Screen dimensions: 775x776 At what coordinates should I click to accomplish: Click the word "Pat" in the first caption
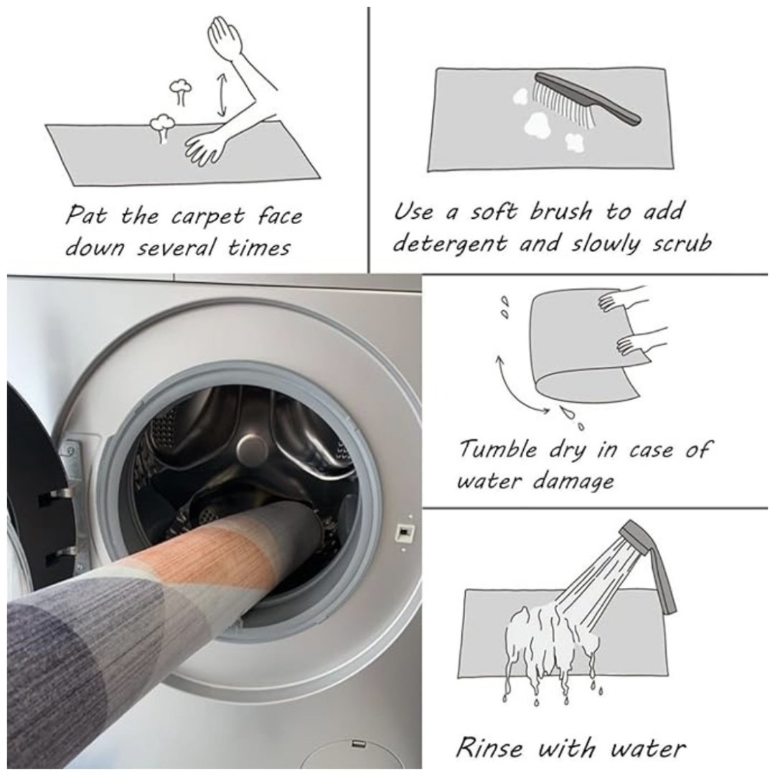(85, 216)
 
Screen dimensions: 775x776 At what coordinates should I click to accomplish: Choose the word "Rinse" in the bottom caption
(489, 747)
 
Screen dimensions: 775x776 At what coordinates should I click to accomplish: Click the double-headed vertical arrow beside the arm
(223, 95)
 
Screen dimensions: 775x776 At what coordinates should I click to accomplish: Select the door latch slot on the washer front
(405, 533)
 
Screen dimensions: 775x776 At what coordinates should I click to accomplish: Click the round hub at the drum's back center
(250, 449)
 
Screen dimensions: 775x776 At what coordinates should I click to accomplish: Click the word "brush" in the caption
(560, 212)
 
